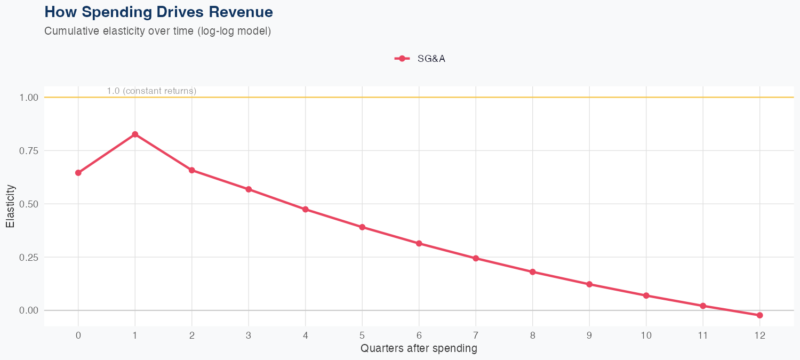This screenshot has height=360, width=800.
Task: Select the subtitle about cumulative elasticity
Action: (158, 31)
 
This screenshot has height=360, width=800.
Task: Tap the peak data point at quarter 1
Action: (135, 134)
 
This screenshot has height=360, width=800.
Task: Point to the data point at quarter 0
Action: (78, 173)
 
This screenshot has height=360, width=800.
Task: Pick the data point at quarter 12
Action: (759, 315)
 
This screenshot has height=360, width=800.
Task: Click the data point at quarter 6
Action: (419, 243)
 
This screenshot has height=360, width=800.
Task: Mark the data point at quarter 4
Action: (306, 209)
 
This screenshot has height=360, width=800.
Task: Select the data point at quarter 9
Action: (589, 284)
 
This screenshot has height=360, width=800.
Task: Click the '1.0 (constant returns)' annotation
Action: (151, 91)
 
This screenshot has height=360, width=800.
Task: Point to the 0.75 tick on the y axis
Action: (28, 151)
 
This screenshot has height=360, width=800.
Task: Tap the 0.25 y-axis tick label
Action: (28, 257)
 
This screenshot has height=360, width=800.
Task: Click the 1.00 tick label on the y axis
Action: (28, 98)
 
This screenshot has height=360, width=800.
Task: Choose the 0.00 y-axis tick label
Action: (28, 310)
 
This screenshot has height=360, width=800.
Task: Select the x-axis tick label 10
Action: (646, 335)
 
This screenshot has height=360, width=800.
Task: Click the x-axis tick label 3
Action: (249, 335)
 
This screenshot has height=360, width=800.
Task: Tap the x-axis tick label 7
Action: (476, 335)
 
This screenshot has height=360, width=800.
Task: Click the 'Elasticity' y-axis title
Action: (10, 206)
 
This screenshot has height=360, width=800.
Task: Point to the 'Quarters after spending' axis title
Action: (419, 349)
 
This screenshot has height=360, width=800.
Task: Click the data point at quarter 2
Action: (192, 170)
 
